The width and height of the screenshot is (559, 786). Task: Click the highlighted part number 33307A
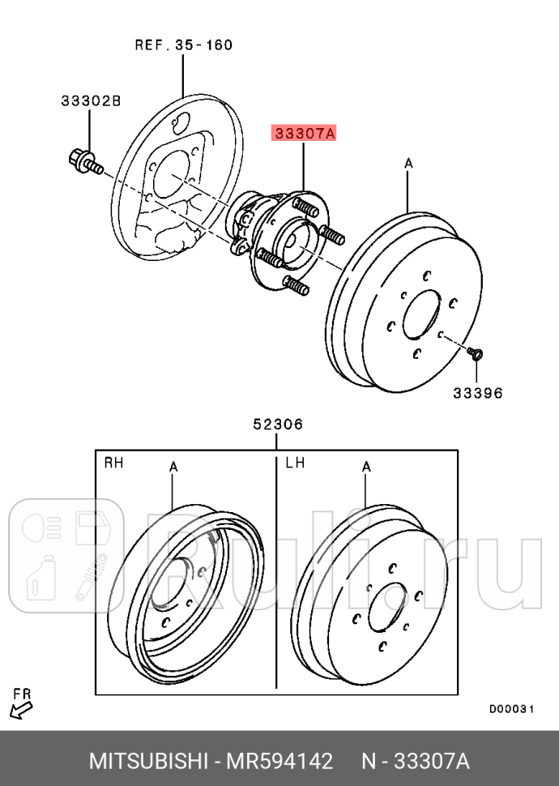click(x=304, y=133)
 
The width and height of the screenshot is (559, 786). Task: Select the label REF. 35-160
click(x=183, y=45)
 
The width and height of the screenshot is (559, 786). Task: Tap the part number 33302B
click(x=90, y=101)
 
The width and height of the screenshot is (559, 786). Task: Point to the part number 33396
click(x=477, y=393)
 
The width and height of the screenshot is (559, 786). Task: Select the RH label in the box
click(x=113, y=463)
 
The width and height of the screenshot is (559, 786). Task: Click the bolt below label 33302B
click(x=83, y=161)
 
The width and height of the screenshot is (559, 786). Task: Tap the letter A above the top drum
click(x=408, y=164)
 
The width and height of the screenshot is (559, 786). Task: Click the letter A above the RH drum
click(x=173, y=467)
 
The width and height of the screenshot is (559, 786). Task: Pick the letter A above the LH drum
click(x=366, y=467)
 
